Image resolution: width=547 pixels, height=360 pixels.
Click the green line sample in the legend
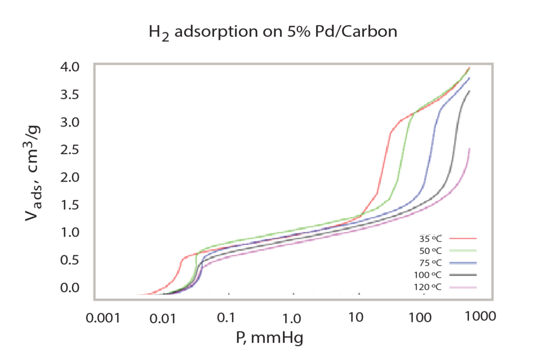[x=463, y=251]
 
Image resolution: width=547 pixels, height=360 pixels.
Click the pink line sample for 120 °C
[x=463, y=287]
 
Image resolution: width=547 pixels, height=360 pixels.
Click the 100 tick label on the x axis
[x=420, y=317]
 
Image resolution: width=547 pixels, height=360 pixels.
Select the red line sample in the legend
[x=463, y=239]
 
